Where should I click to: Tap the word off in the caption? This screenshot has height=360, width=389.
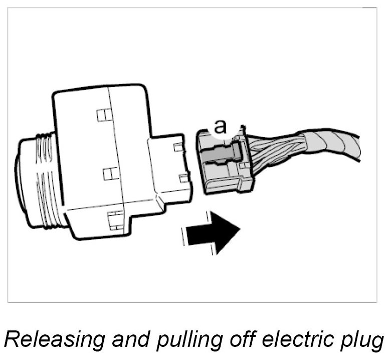[x=229, y=339]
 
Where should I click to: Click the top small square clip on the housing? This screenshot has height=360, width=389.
[x=103, y=115]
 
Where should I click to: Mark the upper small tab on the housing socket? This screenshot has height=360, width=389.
[x=176, y=147]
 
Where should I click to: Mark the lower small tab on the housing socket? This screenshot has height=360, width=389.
[x=182, y=177]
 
